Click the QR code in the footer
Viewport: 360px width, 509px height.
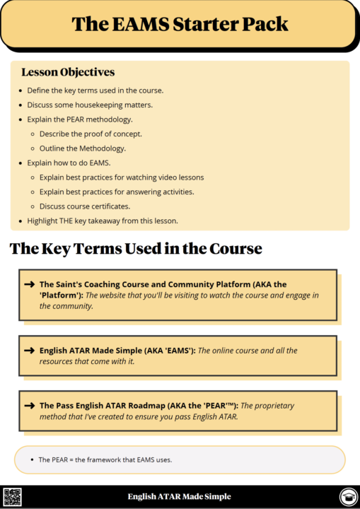(x=13, y=497)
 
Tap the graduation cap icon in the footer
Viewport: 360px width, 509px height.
(x=347, y=497)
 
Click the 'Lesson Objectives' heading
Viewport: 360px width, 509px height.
(x=68, y=72)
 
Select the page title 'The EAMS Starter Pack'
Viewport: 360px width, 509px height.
(x=180, y=24)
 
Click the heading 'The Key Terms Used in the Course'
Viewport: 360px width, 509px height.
(x=136, y=249)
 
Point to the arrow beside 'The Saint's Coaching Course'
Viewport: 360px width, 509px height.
(x=30, y=284)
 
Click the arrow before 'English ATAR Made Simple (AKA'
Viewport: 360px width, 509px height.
(x=30, y=351)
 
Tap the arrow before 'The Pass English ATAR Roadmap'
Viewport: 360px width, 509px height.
(x=30, y=406)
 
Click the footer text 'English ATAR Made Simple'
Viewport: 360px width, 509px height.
(x=180, y=497)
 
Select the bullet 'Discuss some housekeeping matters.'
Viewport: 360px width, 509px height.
(x=90, y=105)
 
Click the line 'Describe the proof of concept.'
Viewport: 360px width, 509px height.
(x=91, y=134)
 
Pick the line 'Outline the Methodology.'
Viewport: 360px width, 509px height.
(x=83, y=148)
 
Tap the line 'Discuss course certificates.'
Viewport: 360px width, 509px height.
(x=86, y=206)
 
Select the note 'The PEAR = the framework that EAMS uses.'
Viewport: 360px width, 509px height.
(x=105, y=460)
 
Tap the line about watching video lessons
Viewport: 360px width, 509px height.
(x=122, y=177)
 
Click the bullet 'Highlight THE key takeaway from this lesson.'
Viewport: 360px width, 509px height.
(x=103, y=221)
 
